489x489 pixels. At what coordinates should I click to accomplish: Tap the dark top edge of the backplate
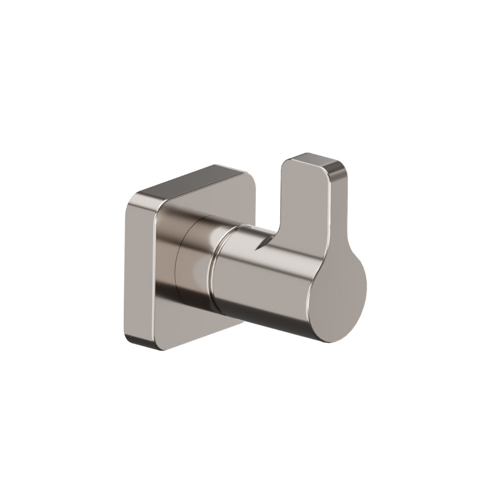point(196,180)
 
